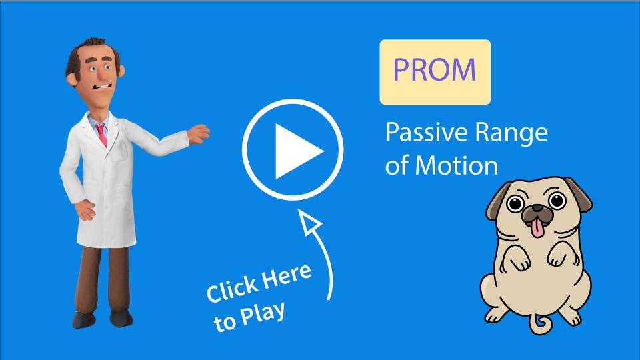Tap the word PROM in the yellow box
click(x=435, y=70)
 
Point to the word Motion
click(x=456, y=166)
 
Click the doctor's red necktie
click(x=101, y=135)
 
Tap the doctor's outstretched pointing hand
click(x=199, y=133)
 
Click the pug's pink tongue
click(x=537, y=228)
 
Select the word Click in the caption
click(x=231, y=289)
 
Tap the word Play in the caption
click(x=263, y=315)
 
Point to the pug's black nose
click(x=537, y=209)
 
